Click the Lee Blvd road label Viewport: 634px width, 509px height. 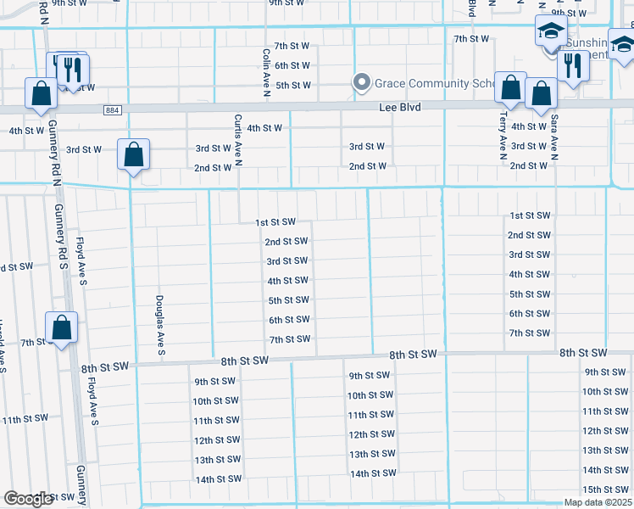(398, 107)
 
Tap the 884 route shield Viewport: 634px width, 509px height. (113, 110)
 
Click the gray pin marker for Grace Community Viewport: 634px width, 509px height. (362, 82)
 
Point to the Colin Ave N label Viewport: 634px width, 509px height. (265, 72)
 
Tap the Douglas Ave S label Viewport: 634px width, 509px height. (159, 325)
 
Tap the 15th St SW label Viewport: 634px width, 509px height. (604, 489)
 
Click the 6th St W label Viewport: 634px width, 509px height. (292, 65)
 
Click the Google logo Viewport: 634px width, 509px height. (29, 499)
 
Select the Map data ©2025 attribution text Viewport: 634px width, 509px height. (597, 502)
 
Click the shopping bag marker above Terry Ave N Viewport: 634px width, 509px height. (510, 87)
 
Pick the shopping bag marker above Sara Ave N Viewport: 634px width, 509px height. (541, 94)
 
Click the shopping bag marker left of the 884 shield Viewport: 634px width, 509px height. (41, 94)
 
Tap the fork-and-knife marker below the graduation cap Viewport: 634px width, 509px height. (575, 67)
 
